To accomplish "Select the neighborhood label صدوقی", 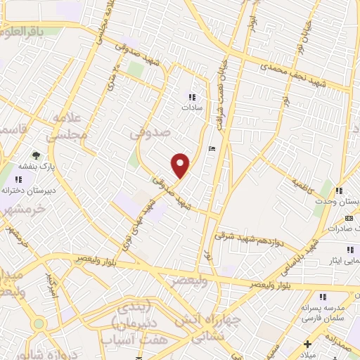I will (150, 130).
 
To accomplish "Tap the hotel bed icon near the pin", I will (212, 148).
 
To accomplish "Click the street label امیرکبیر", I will (51, 284).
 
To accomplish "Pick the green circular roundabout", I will (38, 323).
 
